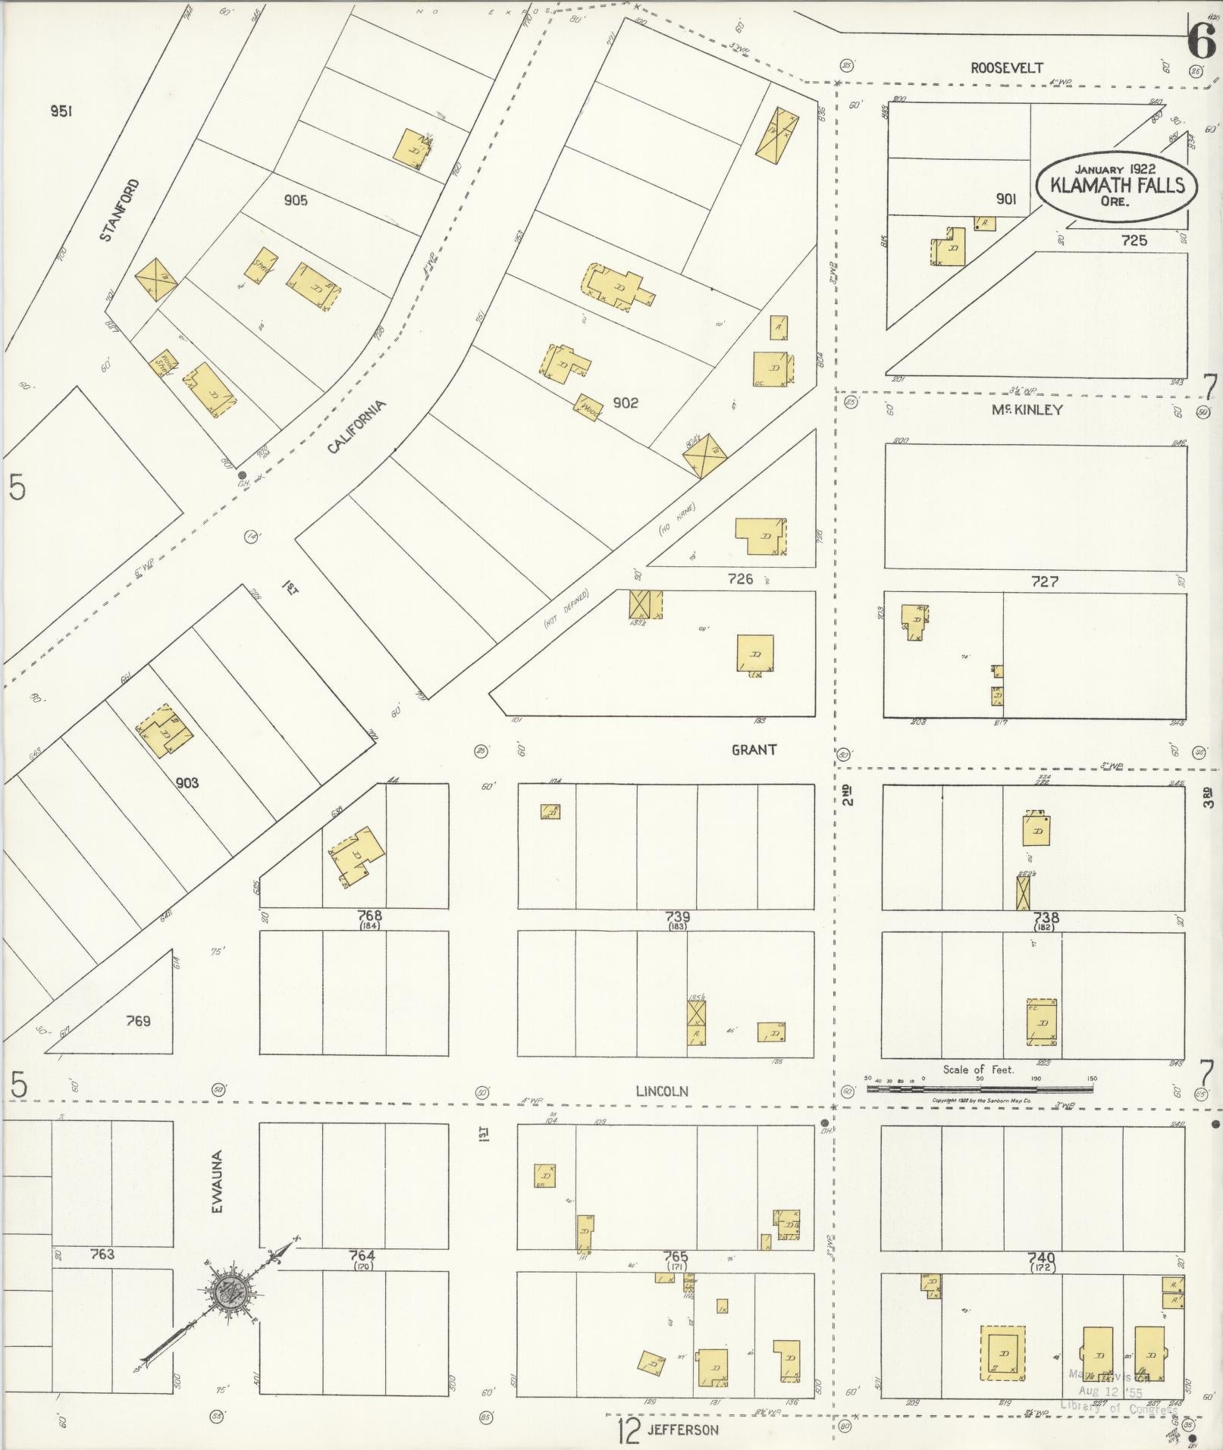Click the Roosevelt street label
click(x=1007, y=68)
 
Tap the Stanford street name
click(x=120, y=210)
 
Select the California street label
click(x=356, y=427)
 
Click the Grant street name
click(x=754, y=750)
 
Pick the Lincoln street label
click(x=661, y=1091)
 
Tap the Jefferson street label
click(x=682, y=1430)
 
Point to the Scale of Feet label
click(x=978, y=1069)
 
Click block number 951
click(x=61, y=111)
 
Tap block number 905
click(x=296, y=200)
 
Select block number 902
click(x=626, y=403)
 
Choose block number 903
click(x=187, y=782)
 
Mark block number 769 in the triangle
click(x=137, y=1021)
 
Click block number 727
click(x=1044, y=581)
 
